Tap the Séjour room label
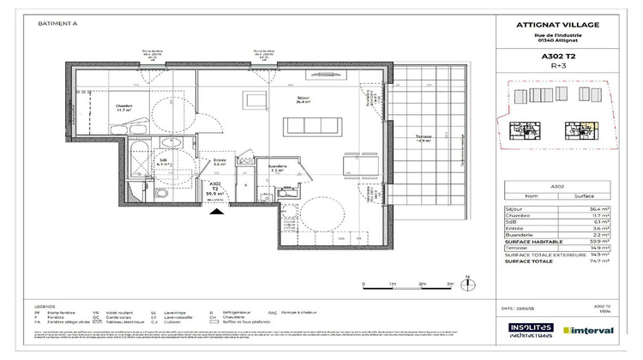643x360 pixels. coord(302,99)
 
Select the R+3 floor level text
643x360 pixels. coord(558,66)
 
